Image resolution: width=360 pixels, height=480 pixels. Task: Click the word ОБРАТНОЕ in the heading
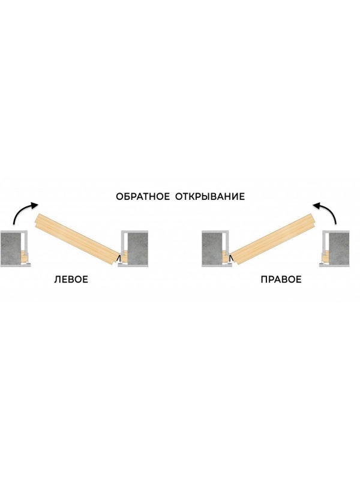tap(143, 196)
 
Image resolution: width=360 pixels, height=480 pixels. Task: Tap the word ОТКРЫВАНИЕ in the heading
tap(210, 196)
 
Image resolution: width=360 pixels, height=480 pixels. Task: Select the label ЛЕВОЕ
tap(71, 280)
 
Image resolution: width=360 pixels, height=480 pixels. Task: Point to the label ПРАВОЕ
tap(281, 280)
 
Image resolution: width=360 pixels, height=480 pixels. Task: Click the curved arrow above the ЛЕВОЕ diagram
tap(19, 211)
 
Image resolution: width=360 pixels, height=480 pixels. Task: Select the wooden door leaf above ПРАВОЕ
tap(272, 238)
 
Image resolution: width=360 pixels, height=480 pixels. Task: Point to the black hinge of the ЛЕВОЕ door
tap(119, 259)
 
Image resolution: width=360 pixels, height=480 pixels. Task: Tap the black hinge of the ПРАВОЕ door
tap(231, 259)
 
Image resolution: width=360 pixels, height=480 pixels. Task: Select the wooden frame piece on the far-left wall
tap(25, 257)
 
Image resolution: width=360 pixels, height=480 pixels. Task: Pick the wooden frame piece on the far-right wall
tap(325, 257)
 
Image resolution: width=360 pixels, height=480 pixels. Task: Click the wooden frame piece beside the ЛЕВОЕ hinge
tap(124, 257)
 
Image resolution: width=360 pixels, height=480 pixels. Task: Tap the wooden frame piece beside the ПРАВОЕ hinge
tap(226, 257)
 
